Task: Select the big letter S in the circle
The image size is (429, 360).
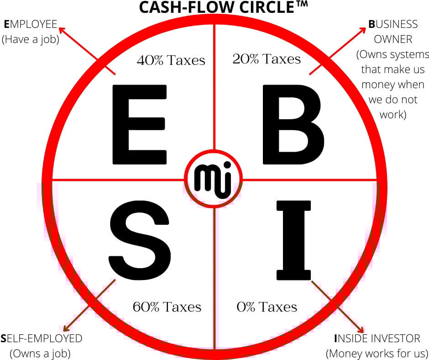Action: (141, 239)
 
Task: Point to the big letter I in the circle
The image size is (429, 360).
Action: (293, 239)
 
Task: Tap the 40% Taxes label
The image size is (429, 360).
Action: (171, 60)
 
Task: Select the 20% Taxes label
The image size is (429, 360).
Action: (267, 58)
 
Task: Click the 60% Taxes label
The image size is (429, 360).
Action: (167, 307)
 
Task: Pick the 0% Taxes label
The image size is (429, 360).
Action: (267, 307)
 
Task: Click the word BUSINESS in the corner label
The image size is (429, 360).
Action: (393, 24)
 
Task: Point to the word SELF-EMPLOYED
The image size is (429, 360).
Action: (42, 339)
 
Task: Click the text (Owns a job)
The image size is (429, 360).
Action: (40, 353)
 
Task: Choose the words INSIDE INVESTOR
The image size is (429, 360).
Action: (377, 339)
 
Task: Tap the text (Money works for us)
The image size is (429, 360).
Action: (377, 353)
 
